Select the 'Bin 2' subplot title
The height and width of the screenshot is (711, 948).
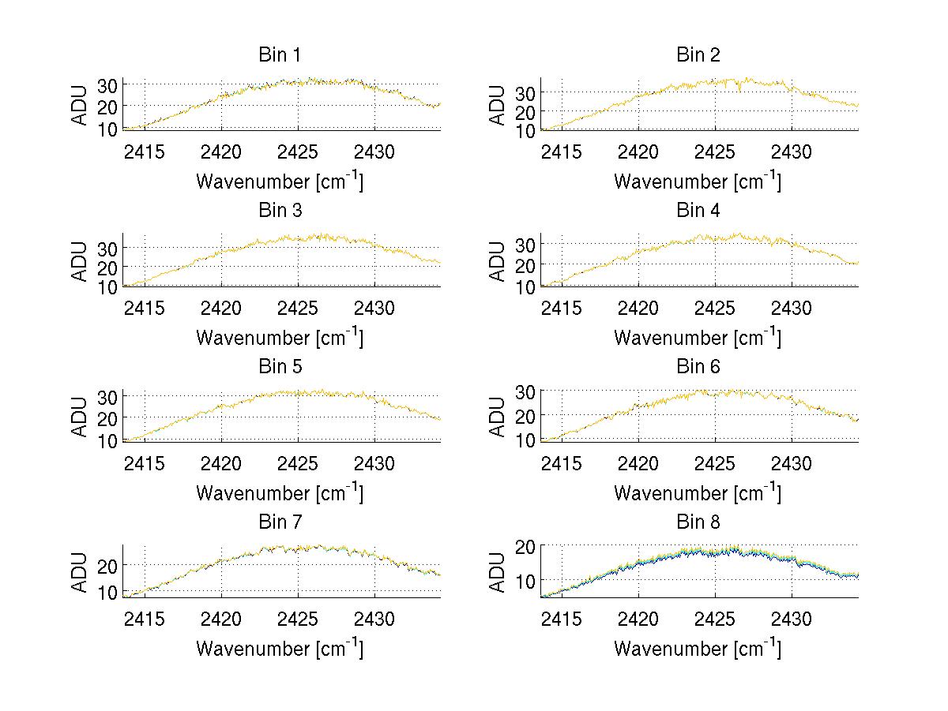(x=698, y=55)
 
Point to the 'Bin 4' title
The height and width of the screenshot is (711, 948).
(x=698, y=211)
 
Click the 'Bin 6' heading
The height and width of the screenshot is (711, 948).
(x=698, y=367)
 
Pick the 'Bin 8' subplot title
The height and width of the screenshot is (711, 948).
(x=698, y=522)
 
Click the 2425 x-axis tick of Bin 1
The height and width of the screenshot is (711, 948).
(x=298, y=151)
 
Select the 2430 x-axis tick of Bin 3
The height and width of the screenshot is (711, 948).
(x=374, y=307)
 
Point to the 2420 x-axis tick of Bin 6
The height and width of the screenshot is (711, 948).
(x=638, y=462)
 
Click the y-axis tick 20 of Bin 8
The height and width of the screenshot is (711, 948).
(x=527, y=545)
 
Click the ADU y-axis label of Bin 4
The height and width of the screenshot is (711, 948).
(x=498, y=261)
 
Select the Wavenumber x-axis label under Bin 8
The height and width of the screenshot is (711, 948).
(x=698, y=649)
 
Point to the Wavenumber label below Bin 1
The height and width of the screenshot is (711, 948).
(x=280, y=181)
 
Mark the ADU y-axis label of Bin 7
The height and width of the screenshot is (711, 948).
(x=80, y=572)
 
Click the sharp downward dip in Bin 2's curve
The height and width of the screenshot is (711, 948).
(x=739, y=92)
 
